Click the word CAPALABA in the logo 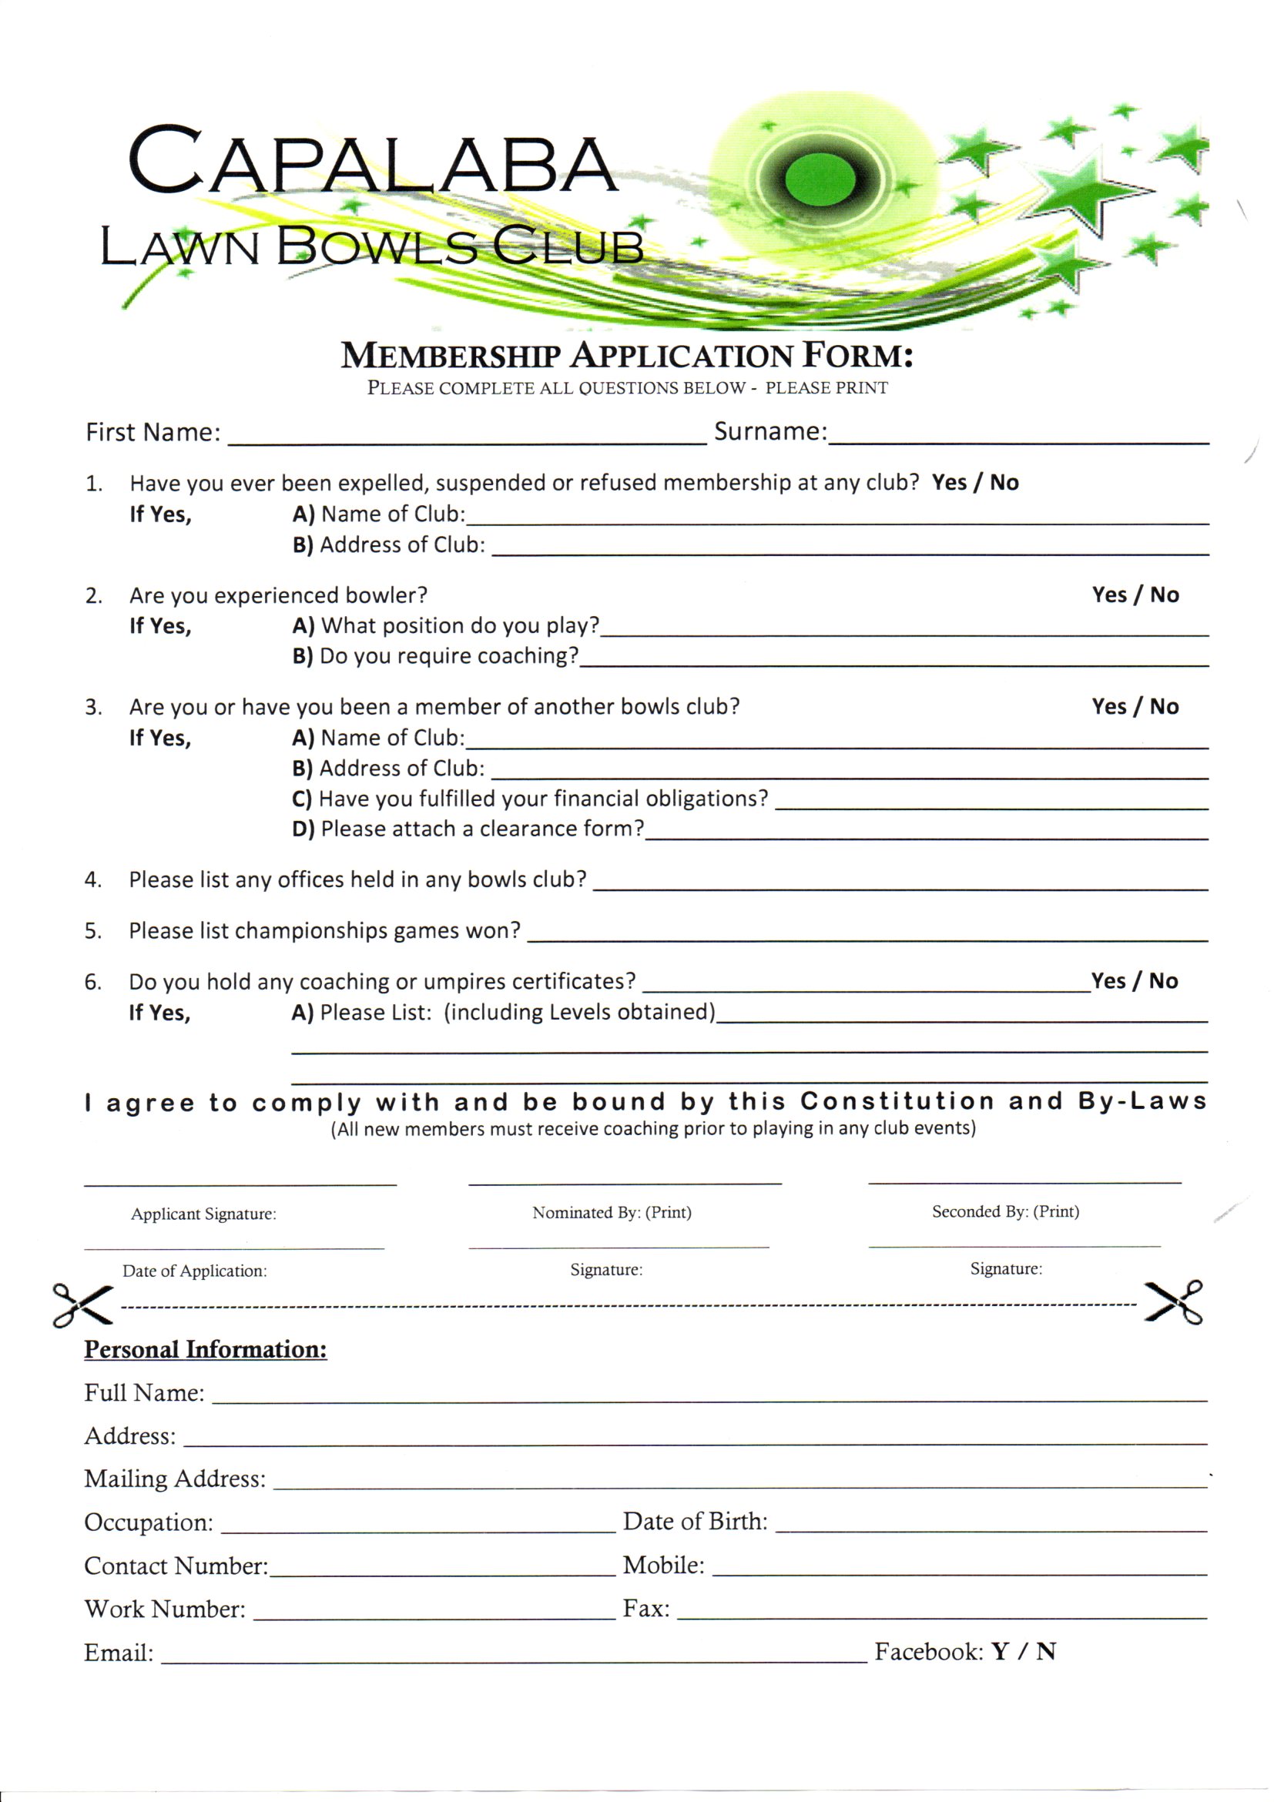click(372, 162)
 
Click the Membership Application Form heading click(626, 357)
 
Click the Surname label click(770, 432)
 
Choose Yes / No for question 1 click(974, 483)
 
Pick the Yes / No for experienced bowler click(1135, 595)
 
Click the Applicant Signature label click(203, 1214)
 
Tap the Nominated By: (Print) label click(612, 1213)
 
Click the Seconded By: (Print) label click(1004, 1212)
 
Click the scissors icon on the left click(81, 1304)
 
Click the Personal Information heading click(206, 1349)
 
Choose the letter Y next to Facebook click(999, 1652)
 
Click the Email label click(119, 1653)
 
